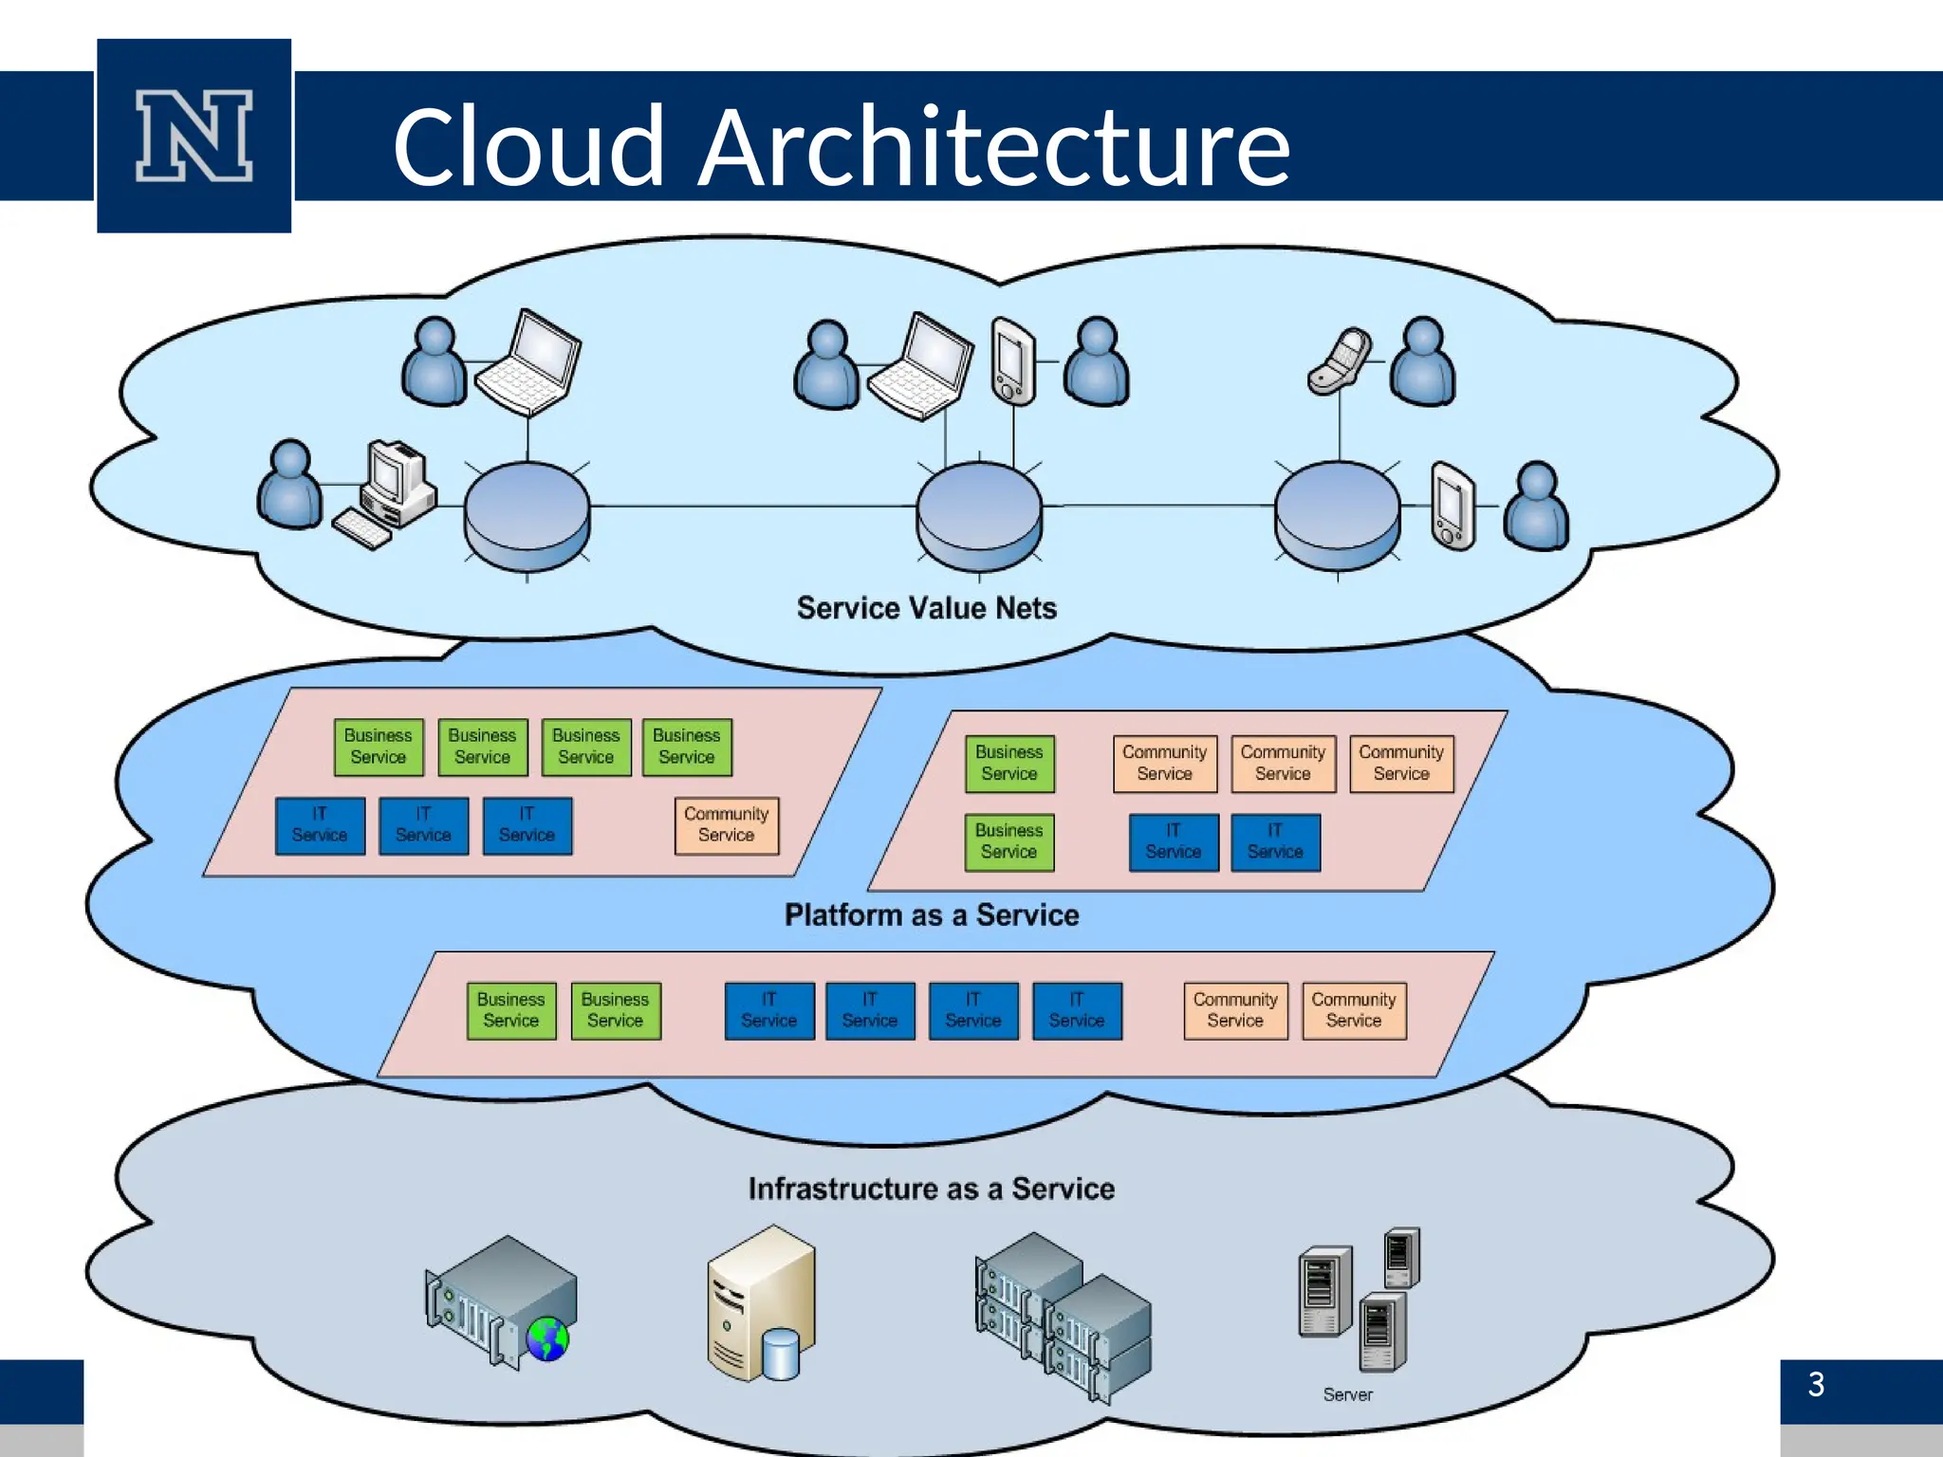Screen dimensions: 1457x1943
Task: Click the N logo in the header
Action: point(194,136)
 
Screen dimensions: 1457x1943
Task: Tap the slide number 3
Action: point(1816,1384)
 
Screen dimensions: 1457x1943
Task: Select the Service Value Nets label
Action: point(926,608)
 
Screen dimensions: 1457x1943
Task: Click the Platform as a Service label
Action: point(931,915)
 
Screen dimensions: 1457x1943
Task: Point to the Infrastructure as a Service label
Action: point(931,1189)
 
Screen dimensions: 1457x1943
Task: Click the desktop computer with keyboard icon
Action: point(389,493)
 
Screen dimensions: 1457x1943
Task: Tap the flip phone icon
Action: point(1340,360)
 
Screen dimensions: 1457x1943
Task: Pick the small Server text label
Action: point(1347,1394)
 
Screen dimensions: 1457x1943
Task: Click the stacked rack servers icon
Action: point(1063,1314)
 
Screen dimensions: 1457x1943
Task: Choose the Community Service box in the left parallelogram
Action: point(727,825)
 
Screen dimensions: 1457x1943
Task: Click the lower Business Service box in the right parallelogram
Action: point(1009,841)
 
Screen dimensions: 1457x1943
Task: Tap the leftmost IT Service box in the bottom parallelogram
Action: point(768,1011)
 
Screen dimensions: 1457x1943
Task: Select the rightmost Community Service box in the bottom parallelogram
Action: point(1354,1011)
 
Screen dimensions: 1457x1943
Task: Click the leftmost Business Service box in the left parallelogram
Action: point(378,747)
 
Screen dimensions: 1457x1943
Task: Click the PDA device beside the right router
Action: point(1452,506)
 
